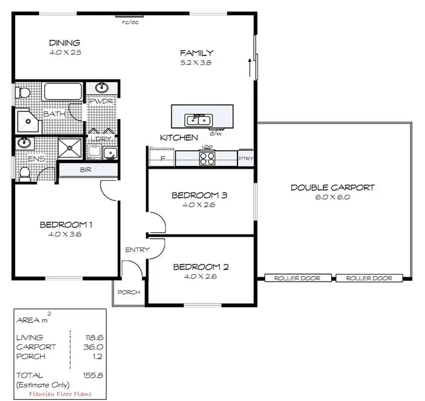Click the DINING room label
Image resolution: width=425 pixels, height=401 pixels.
[64, 43]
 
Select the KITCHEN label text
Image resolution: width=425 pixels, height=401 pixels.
[179, 138]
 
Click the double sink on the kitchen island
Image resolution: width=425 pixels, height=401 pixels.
[198, 120]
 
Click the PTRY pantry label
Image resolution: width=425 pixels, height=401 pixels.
[245, 159]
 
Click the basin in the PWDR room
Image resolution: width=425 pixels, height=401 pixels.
[102, 87]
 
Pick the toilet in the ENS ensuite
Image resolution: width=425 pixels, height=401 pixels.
[24, 174]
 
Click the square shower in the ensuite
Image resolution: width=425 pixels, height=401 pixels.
[71, 148]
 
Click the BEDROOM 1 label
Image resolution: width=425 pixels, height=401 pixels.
[66, 224]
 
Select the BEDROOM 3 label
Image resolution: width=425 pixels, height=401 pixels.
[199, 195]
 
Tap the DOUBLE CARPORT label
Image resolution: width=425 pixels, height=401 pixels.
[332, 188]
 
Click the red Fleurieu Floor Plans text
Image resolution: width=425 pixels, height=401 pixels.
[59, 394]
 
